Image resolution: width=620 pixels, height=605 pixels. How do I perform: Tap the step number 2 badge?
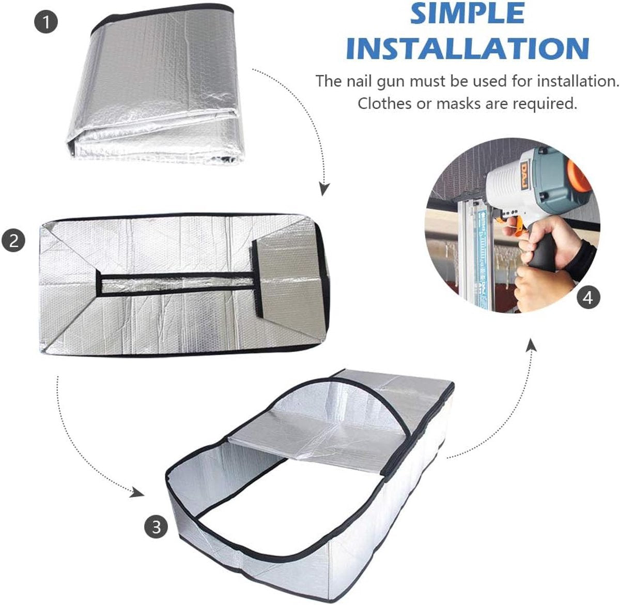tap(14, 241)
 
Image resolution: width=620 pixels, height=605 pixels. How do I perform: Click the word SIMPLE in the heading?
tap(468, 14)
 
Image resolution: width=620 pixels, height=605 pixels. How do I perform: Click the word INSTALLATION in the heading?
tap(468, 47)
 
